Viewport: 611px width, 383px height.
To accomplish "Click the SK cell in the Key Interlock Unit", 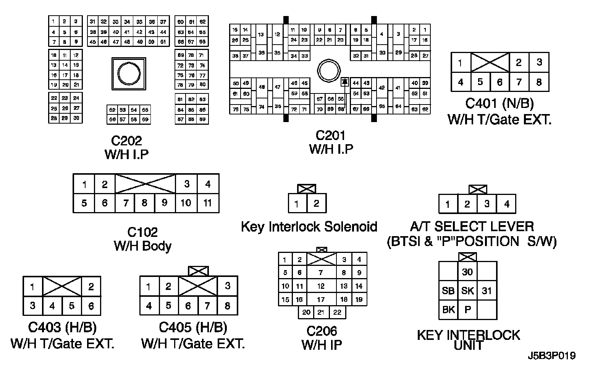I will [x=467, y=291].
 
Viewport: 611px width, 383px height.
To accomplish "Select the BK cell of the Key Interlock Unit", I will [x=448, y=309].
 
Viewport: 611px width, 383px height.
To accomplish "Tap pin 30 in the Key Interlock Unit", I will [x=467, y=272].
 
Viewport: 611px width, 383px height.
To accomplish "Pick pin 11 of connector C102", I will [x=207, y=203].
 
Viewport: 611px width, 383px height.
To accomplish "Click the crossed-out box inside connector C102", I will [x=145, y=184].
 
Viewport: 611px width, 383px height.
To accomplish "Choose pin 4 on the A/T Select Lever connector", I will [x=506, y=204].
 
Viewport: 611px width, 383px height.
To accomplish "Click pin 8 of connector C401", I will [x=538, y=82].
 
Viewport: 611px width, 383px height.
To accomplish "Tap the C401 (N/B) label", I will [x=499, y=103].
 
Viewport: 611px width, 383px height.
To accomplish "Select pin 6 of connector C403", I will [x=91, y=306].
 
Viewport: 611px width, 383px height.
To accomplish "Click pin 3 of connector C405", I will [x=228, y=286].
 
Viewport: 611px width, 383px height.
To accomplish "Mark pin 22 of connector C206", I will [x=337, y=312].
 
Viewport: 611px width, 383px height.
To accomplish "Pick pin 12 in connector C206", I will [x=321, y=286].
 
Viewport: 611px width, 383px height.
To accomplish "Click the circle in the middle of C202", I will [x=129, y=74].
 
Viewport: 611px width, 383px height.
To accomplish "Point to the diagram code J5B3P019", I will [x=552, y=356].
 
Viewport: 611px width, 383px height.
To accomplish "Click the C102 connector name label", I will [x=142, y=232].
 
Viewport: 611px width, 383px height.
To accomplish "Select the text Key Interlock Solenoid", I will [x=309, y=227].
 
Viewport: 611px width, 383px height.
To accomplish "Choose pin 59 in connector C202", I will [x=145, y=119].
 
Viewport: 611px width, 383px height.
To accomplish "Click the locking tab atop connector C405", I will [x=199, y=271].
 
